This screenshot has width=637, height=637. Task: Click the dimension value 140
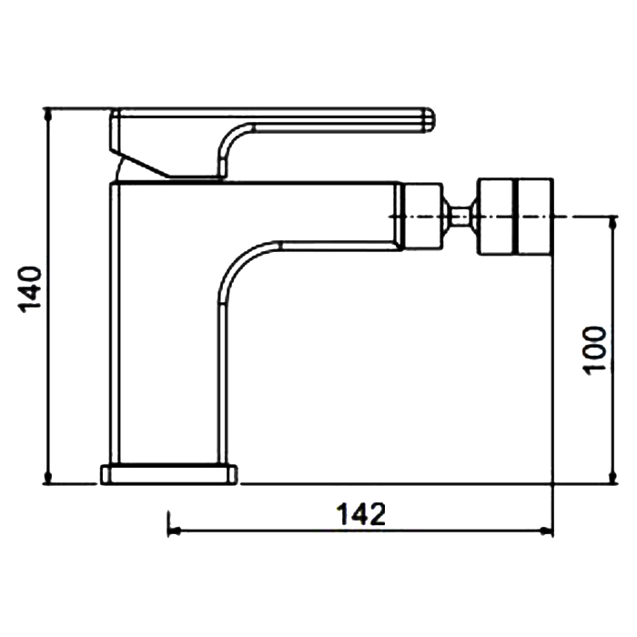30,289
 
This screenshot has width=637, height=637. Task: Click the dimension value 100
594,350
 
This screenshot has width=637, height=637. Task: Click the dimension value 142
360,514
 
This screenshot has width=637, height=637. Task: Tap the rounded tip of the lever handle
430,120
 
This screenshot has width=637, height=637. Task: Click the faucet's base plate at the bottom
168,474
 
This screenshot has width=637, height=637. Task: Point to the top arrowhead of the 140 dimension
48,114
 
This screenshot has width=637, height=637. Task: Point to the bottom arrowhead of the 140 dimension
48,478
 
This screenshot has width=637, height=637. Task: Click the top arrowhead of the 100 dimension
613,223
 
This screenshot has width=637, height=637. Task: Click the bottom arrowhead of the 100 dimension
613,478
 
